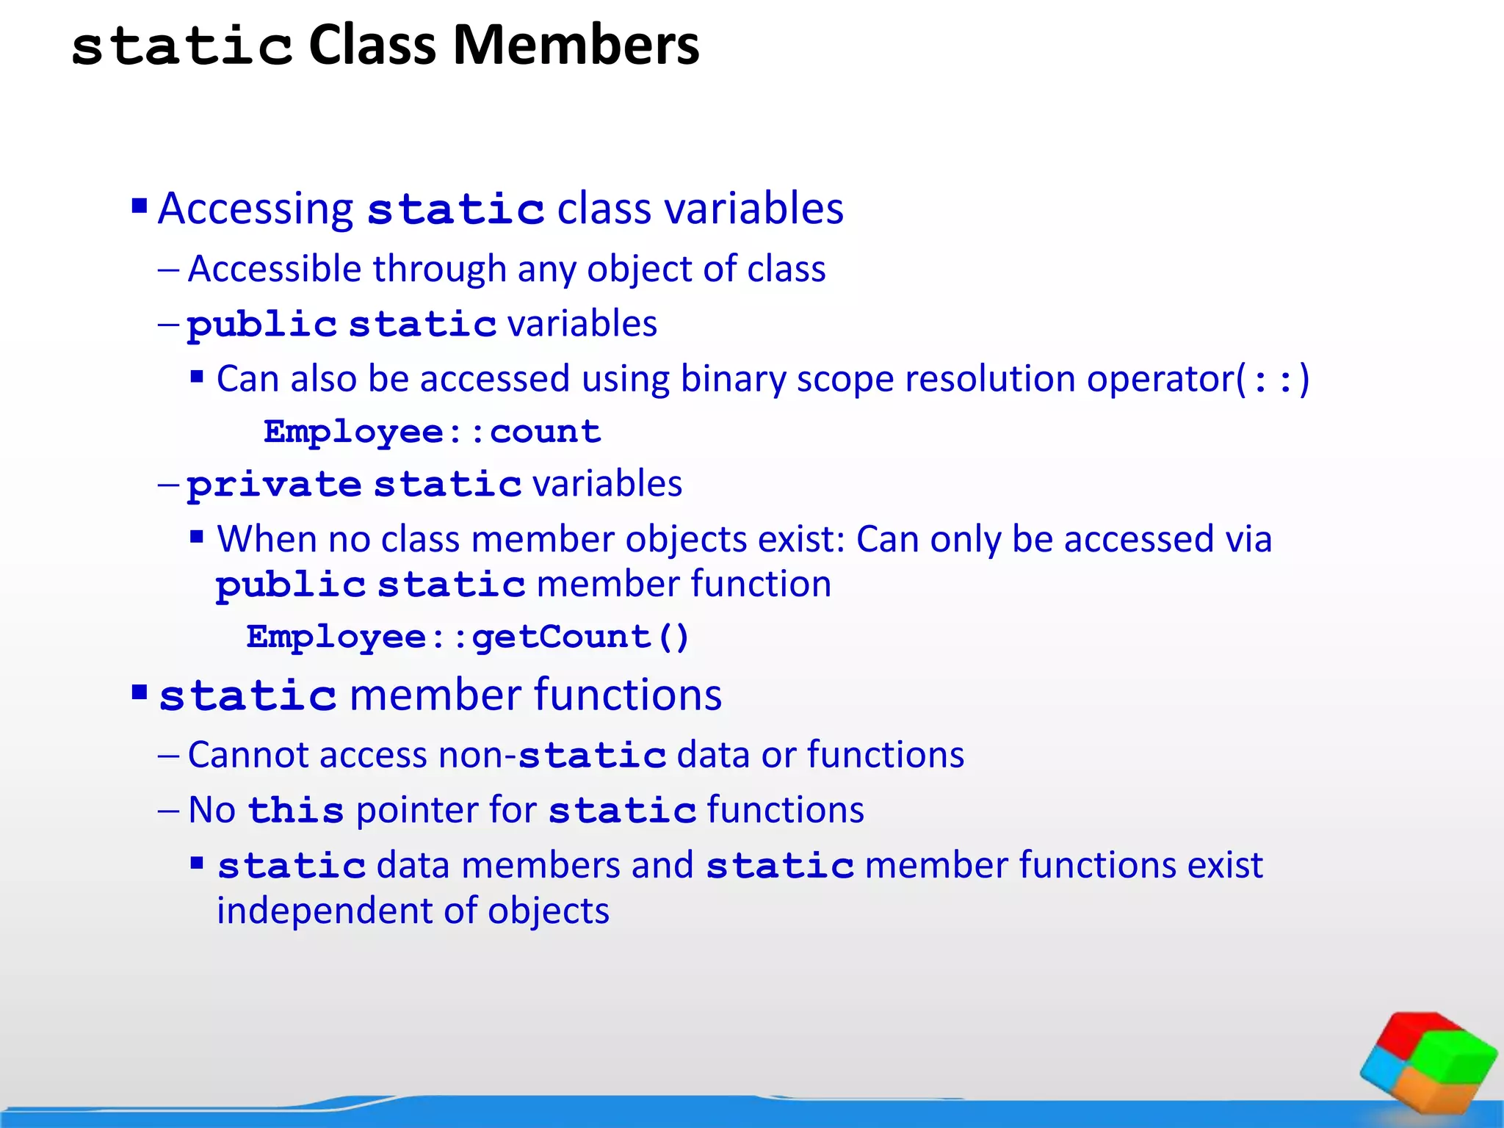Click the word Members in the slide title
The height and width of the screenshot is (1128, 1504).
pos(576,46)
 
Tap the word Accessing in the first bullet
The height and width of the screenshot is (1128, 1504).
pos(256,209)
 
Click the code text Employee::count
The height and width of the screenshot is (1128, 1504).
pos(433,432)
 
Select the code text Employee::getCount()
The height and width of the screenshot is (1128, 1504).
pos(468,637)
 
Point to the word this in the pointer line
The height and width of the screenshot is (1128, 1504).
pos(296,811)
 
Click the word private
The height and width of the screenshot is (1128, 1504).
pos(274,485)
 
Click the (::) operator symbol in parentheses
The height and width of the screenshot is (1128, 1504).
pos(1272,380)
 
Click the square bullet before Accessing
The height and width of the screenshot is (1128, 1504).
pos(140,204)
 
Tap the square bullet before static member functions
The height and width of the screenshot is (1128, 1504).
pos(140,692)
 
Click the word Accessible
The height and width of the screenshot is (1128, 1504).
pos(274,270)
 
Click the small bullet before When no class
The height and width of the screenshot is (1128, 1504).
pos(196,537)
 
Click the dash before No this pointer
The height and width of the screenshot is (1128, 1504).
pos(168,811)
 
